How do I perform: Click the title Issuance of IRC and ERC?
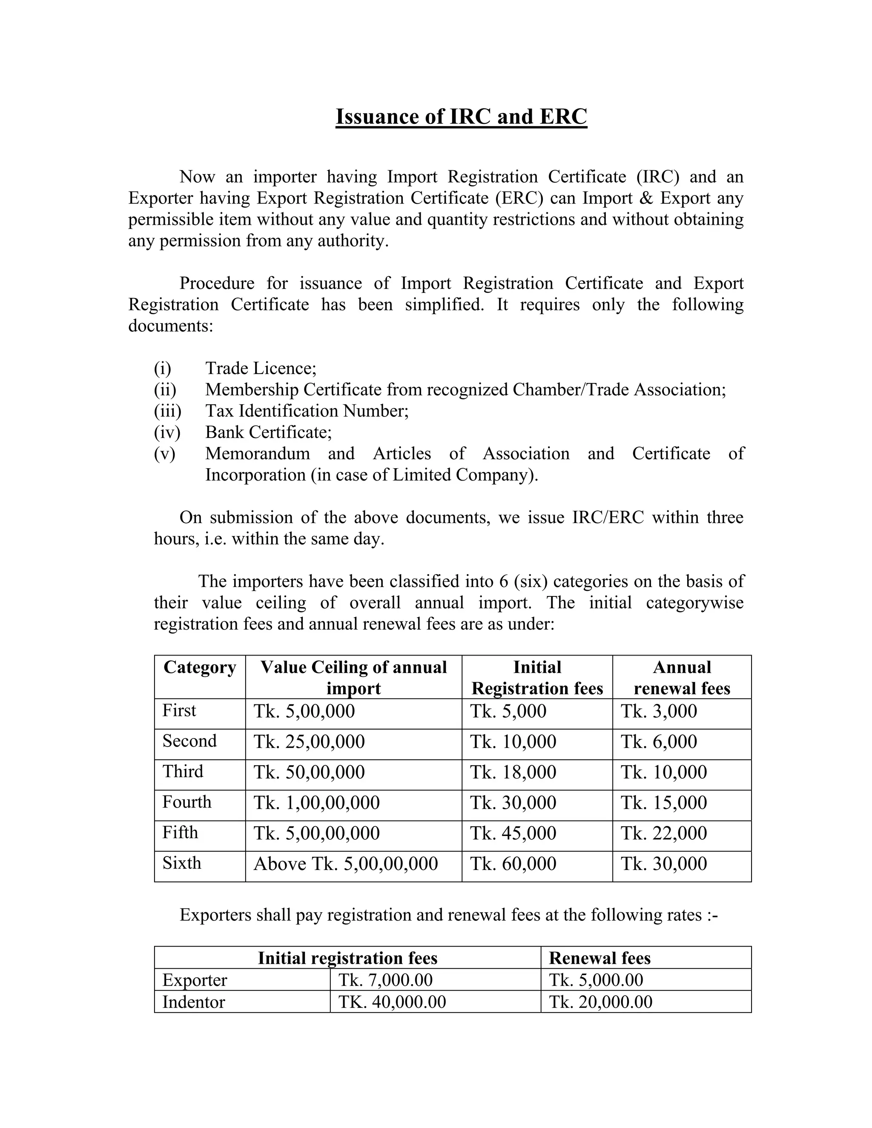pos(461,117)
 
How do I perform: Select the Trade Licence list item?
pos(260,368)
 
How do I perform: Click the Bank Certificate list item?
pos(268,432)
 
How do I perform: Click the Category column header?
pos(199,667)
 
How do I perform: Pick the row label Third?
pos(183,772)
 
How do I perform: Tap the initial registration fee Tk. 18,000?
pos(513,773)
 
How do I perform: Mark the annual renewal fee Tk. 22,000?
pos(663,833)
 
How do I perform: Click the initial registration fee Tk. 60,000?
pos(513,864)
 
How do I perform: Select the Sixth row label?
pos(181,863)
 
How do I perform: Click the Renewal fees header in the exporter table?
pos(599,959)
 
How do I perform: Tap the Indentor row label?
pos(194,1002)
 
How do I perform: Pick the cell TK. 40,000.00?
pos(392,1002)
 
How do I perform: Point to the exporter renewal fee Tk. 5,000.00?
pos(596,980)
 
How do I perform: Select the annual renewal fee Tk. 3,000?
pos(659,712)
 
